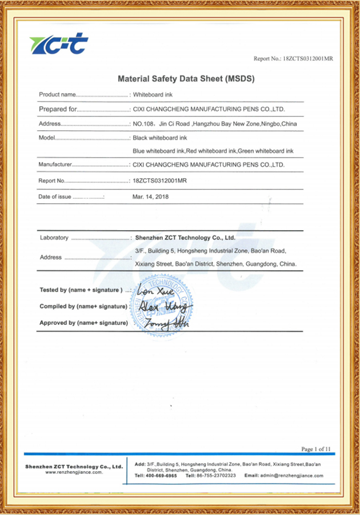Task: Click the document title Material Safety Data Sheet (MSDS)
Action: point(186,78)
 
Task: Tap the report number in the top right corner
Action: point(293,59)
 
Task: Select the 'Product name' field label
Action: point(57,94)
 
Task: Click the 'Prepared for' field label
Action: point(58,108)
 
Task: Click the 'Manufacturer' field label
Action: point(55,165)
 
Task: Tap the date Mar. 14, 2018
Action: point(151,196)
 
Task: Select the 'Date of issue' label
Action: point(54,196)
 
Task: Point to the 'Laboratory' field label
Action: point(54,238)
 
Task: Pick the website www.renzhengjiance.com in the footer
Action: point(74,473)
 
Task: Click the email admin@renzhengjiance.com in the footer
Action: point(283,475)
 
